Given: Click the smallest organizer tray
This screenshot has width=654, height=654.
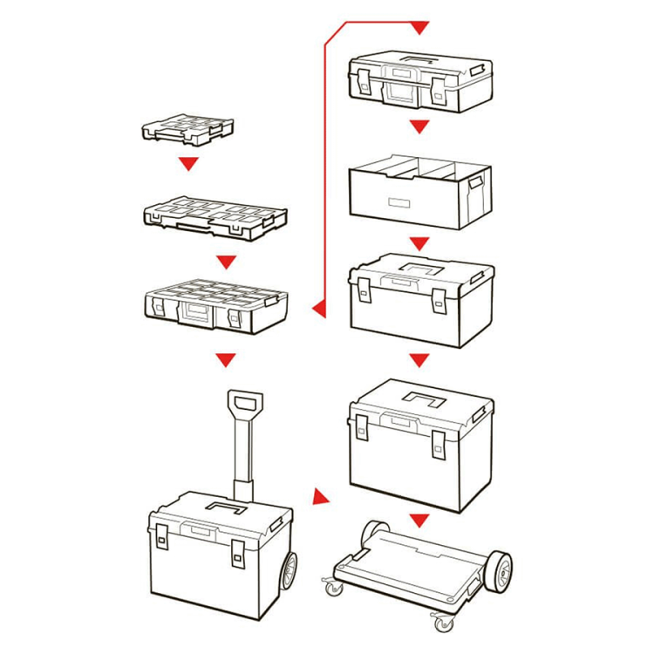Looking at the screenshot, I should click(x=187, y=129).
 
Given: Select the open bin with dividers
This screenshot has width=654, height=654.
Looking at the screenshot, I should click(x=419, y=192).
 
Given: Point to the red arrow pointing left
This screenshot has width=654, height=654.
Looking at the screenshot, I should click(x=318, y=307).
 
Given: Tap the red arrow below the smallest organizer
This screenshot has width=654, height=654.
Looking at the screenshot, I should click(x=187, y=163).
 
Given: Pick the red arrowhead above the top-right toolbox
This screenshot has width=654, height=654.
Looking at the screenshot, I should click(x=420, y=29).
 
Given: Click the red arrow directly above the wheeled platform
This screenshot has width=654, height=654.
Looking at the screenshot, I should click(x=420, y=521).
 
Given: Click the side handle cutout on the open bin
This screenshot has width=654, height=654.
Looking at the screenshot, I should click(x=476, y=184).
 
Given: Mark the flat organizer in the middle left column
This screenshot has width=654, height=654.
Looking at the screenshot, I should click(x=214, y=217).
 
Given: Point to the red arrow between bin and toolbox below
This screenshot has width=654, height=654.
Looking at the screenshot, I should click(x=420, y=242).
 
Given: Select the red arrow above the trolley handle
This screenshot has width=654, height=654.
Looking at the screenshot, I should click(x=226, y=358).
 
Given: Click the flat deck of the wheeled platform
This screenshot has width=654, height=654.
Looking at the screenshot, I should click(x=410, y=567).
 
